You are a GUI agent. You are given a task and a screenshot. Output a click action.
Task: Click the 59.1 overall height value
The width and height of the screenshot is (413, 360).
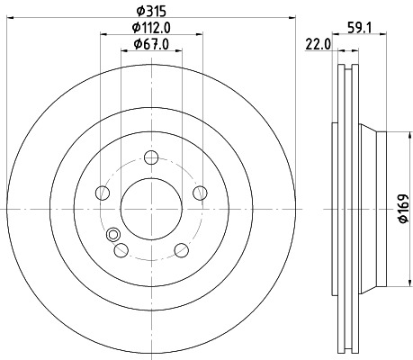click(x=362, y=27)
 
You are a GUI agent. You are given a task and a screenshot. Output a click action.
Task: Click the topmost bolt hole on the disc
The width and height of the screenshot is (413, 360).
click(x=150, y=158)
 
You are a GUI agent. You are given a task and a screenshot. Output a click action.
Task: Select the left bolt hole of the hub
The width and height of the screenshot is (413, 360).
click(x=103, y=193)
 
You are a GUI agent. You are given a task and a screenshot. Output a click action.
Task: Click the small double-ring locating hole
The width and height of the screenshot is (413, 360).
click(x=113, y=236)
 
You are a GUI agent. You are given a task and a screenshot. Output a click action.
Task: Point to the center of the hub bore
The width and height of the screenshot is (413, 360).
click(x=150, y=209)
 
